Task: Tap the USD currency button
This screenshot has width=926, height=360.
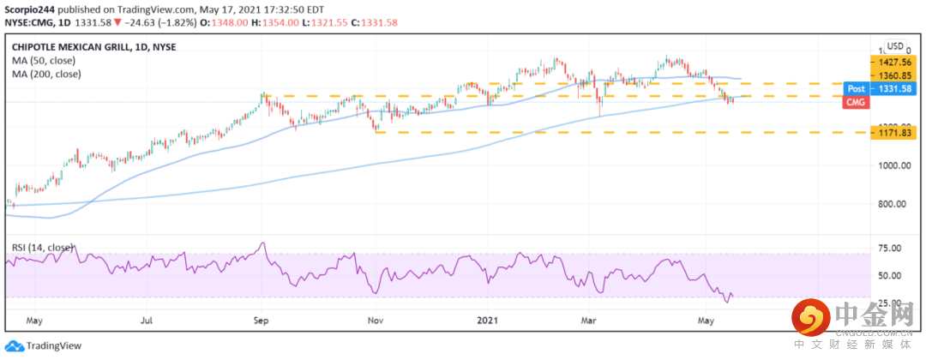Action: [895, 46]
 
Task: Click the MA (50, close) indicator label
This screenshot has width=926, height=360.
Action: [44, 61]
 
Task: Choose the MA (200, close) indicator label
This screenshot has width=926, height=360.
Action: [46, 75]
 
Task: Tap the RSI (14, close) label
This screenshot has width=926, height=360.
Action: [43, 248]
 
